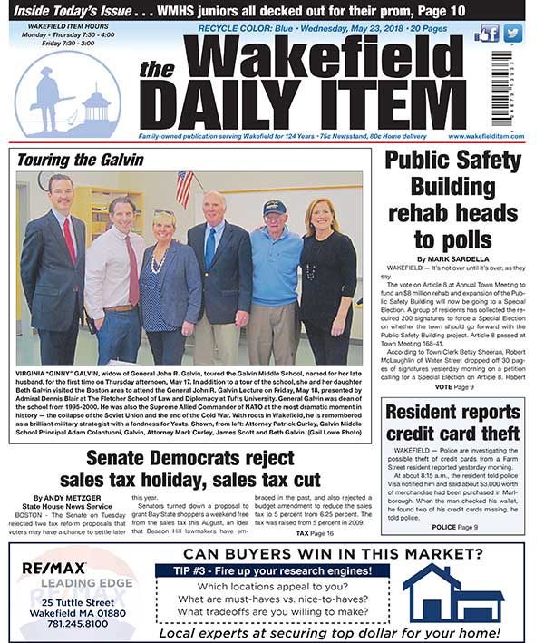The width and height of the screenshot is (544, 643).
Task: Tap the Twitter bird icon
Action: coord(514,34)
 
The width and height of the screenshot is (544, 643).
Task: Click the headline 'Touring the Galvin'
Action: coord(81,161)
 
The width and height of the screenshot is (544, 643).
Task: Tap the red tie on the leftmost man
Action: coord(69,238)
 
